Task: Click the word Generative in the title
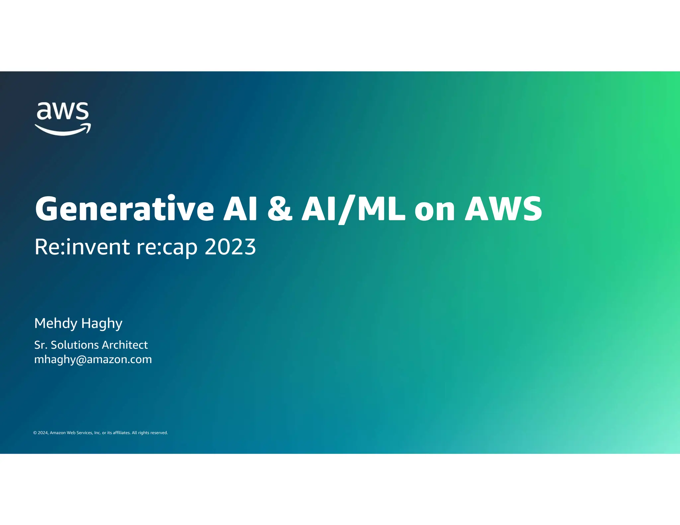coord(125,209)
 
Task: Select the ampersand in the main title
coord(280,209)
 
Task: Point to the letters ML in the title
coord(381,209)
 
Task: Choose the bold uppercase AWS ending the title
coord(503,209)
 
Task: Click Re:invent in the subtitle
coord(82,247)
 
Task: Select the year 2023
coord(230,247)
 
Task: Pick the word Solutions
coord(73,345)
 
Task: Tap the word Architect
coord(124,345)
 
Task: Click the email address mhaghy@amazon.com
coord(93,359)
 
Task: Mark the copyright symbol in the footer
coord(35,433)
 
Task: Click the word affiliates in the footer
coord(122,433)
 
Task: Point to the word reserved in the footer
coord(159,433)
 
